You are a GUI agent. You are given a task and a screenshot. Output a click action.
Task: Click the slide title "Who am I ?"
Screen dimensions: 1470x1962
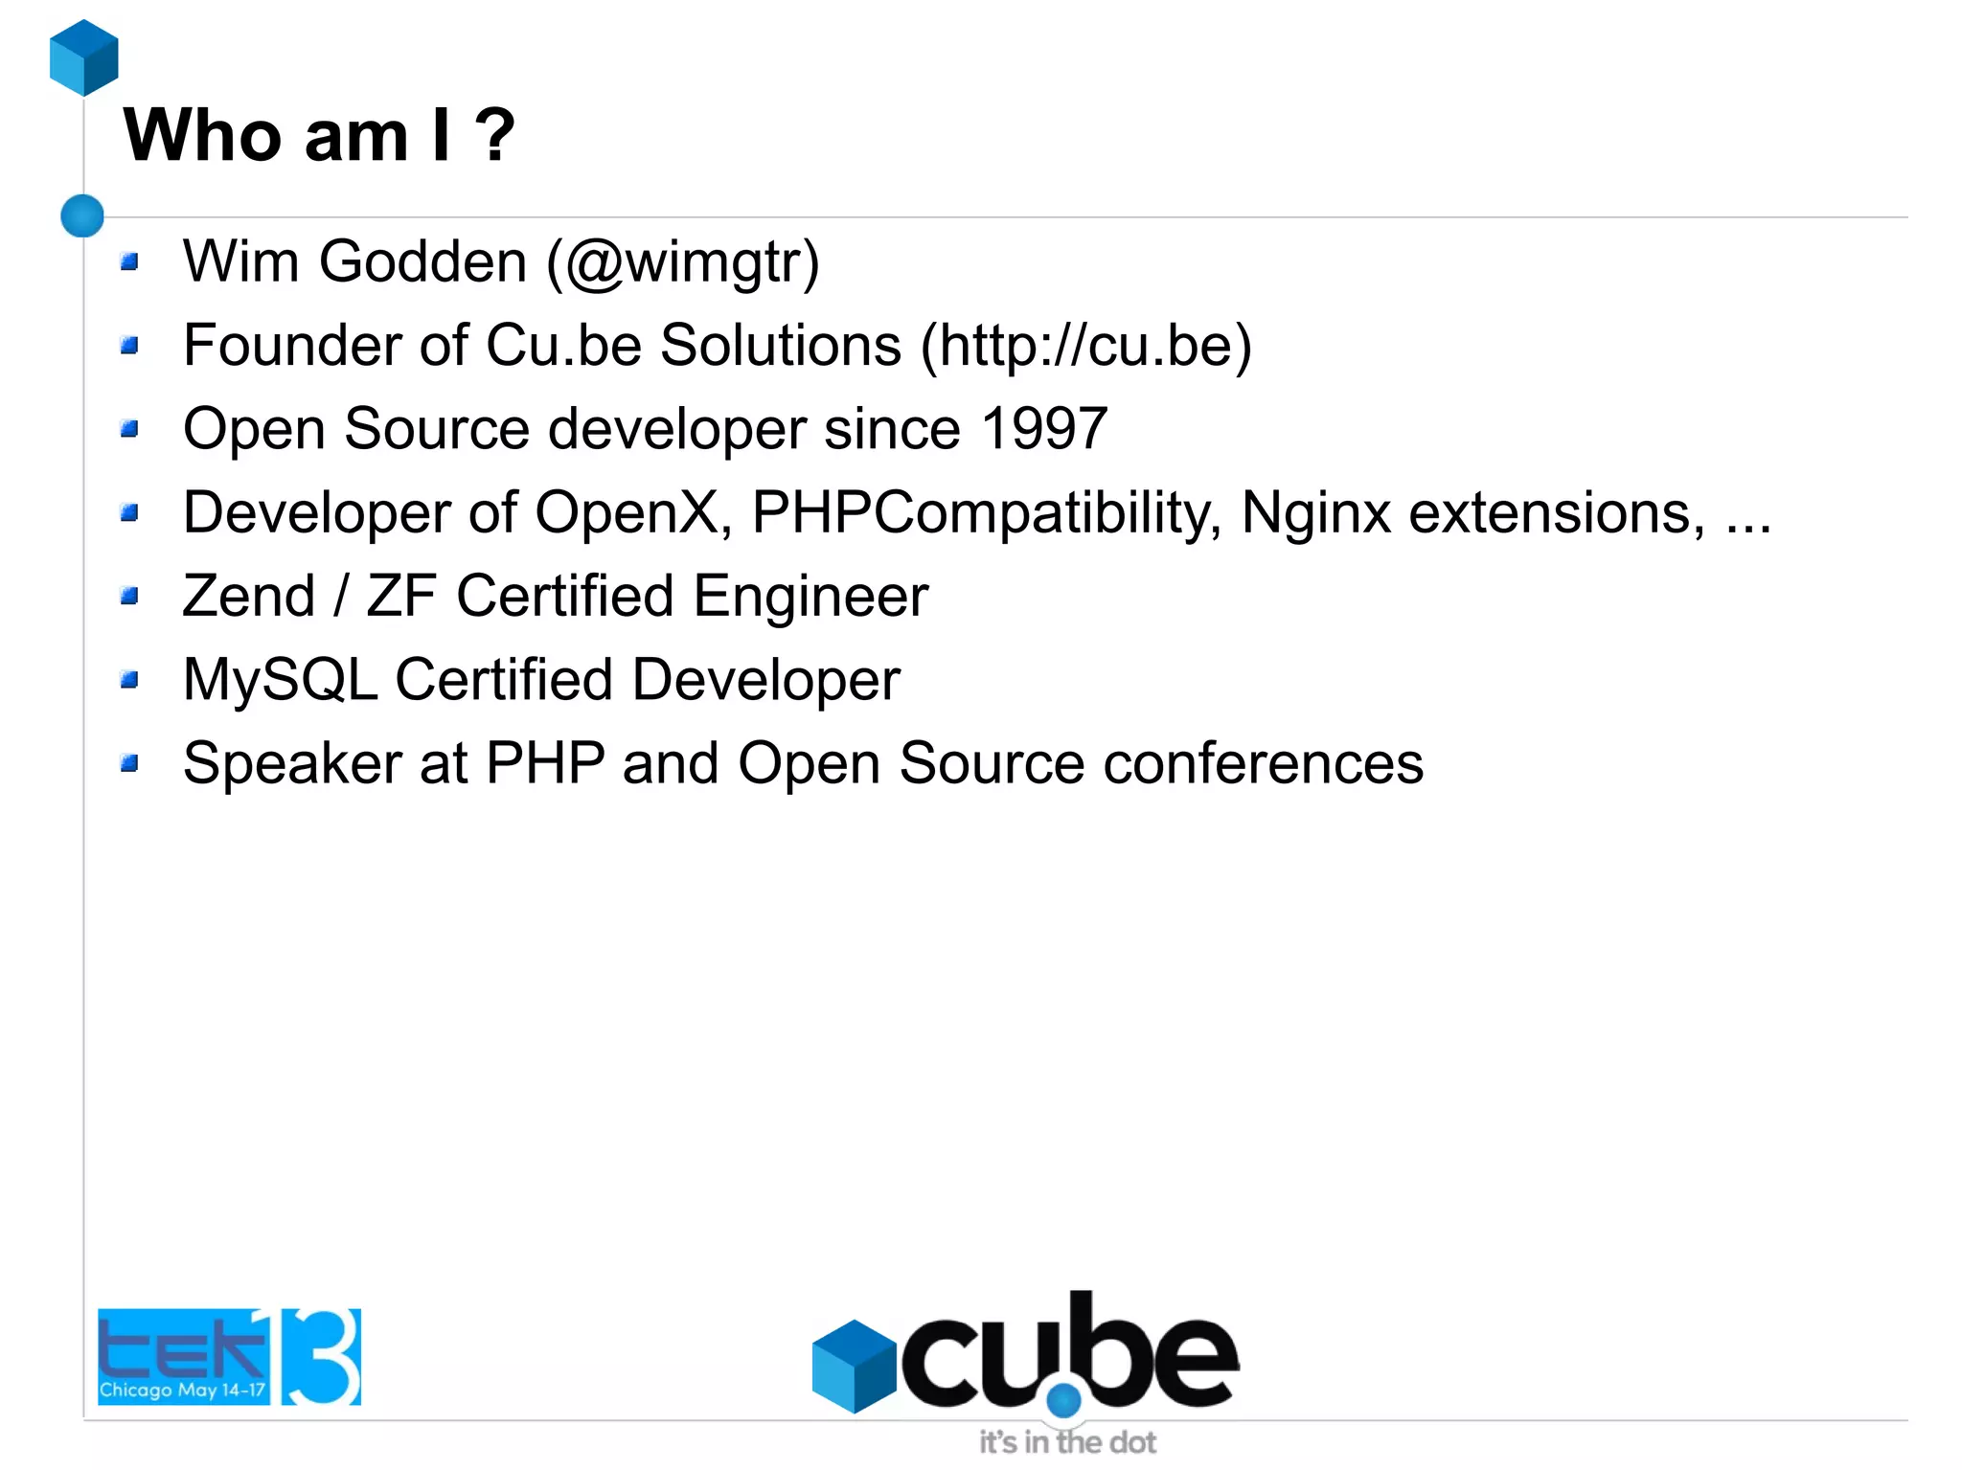pyautogui.click(x=319, y=136)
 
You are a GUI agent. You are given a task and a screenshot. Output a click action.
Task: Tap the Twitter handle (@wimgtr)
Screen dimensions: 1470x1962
pyautogui.click(x=683, y=262)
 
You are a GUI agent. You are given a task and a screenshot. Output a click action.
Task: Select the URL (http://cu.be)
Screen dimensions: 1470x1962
pyautogui.click(x=1085, y=346)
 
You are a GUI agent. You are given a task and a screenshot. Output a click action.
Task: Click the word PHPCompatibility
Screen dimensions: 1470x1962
pyautogui.click(x=987, y=513)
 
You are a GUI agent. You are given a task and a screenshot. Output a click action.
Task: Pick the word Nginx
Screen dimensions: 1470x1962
pyautogui.click(x=1315, y=513)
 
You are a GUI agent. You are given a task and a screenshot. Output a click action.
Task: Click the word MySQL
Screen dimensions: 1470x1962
pyautogui.click(x=280, y=680)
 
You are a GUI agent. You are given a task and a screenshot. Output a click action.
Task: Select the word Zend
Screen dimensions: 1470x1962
pyautogui.click(x=249, y=597)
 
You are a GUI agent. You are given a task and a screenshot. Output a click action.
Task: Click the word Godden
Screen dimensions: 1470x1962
pyautogui.click(x=422, y=262)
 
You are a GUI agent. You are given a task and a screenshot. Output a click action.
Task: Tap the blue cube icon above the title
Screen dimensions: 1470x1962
pyautogui.click(x=84, y=57)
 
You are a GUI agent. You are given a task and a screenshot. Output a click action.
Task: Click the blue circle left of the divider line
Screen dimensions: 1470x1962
pyautogui.click(x=82, y=215)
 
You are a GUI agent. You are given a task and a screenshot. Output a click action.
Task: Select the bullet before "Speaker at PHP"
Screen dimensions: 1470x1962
pyautogui.click(x=130, y=763)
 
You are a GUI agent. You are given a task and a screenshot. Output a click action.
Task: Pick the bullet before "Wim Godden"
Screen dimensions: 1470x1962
pyautogui.click(x=130, y=261)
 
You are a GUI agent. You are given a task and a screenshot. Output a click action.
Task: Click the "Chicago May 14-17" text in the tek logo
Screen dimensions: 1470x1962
pyautogui.click(x=182, y=1390)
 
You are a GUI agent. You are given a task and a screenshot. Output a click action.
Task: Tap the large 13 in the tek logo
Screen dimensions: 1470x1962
pyautogui.click(x=321, y=1357)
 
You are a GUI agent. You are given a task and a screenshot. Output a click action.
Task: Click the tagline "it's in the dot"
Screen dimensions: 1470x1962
pyautogui.click(x=1067, y=1442)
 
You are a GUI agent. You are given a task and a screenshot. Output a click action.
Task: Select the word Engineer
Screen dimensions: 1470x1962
pyautogui.click(x=810, y=597)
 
